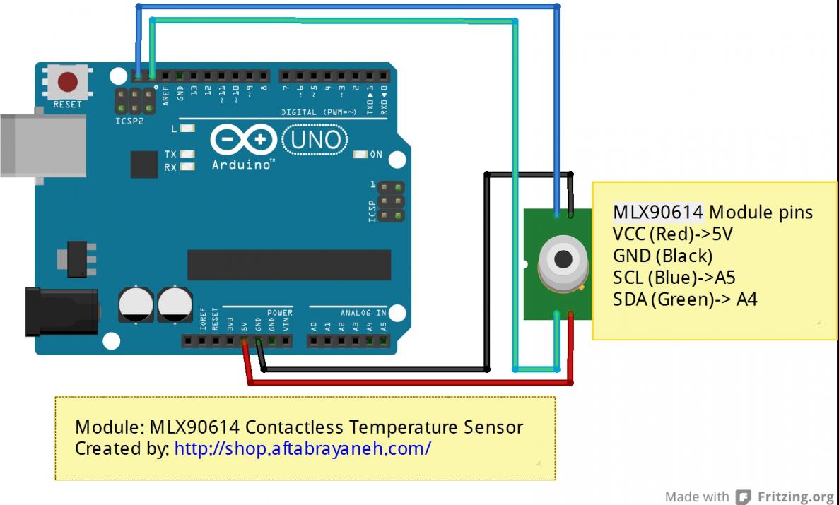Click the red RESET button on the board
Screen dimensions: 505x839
(68, 82)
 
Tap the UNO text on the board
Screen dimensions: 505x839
(315, 140)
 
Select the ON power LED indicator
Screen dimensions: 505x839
(360, 155)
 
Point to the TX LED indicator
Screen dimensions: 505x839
(187, 154)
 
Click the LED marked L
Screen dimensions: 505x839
(187, 129)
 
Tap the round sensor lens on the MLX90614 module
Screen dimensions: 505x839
(563, 259)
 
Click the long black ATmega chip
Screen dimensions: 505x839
(288, 265)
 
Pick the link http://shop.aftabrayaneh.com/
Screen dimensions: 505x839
(303, 448)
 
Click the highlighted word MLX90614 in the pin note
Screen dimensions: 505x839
(657, 212)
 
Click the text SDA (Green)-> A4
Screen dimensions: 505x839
(685, 299)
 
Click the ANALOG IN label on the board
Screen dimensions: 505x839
(363, 312)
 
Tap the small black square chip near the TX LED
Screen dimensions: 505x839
(144, 164)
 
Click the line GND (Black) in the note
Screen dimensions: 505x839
(663, 256)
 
